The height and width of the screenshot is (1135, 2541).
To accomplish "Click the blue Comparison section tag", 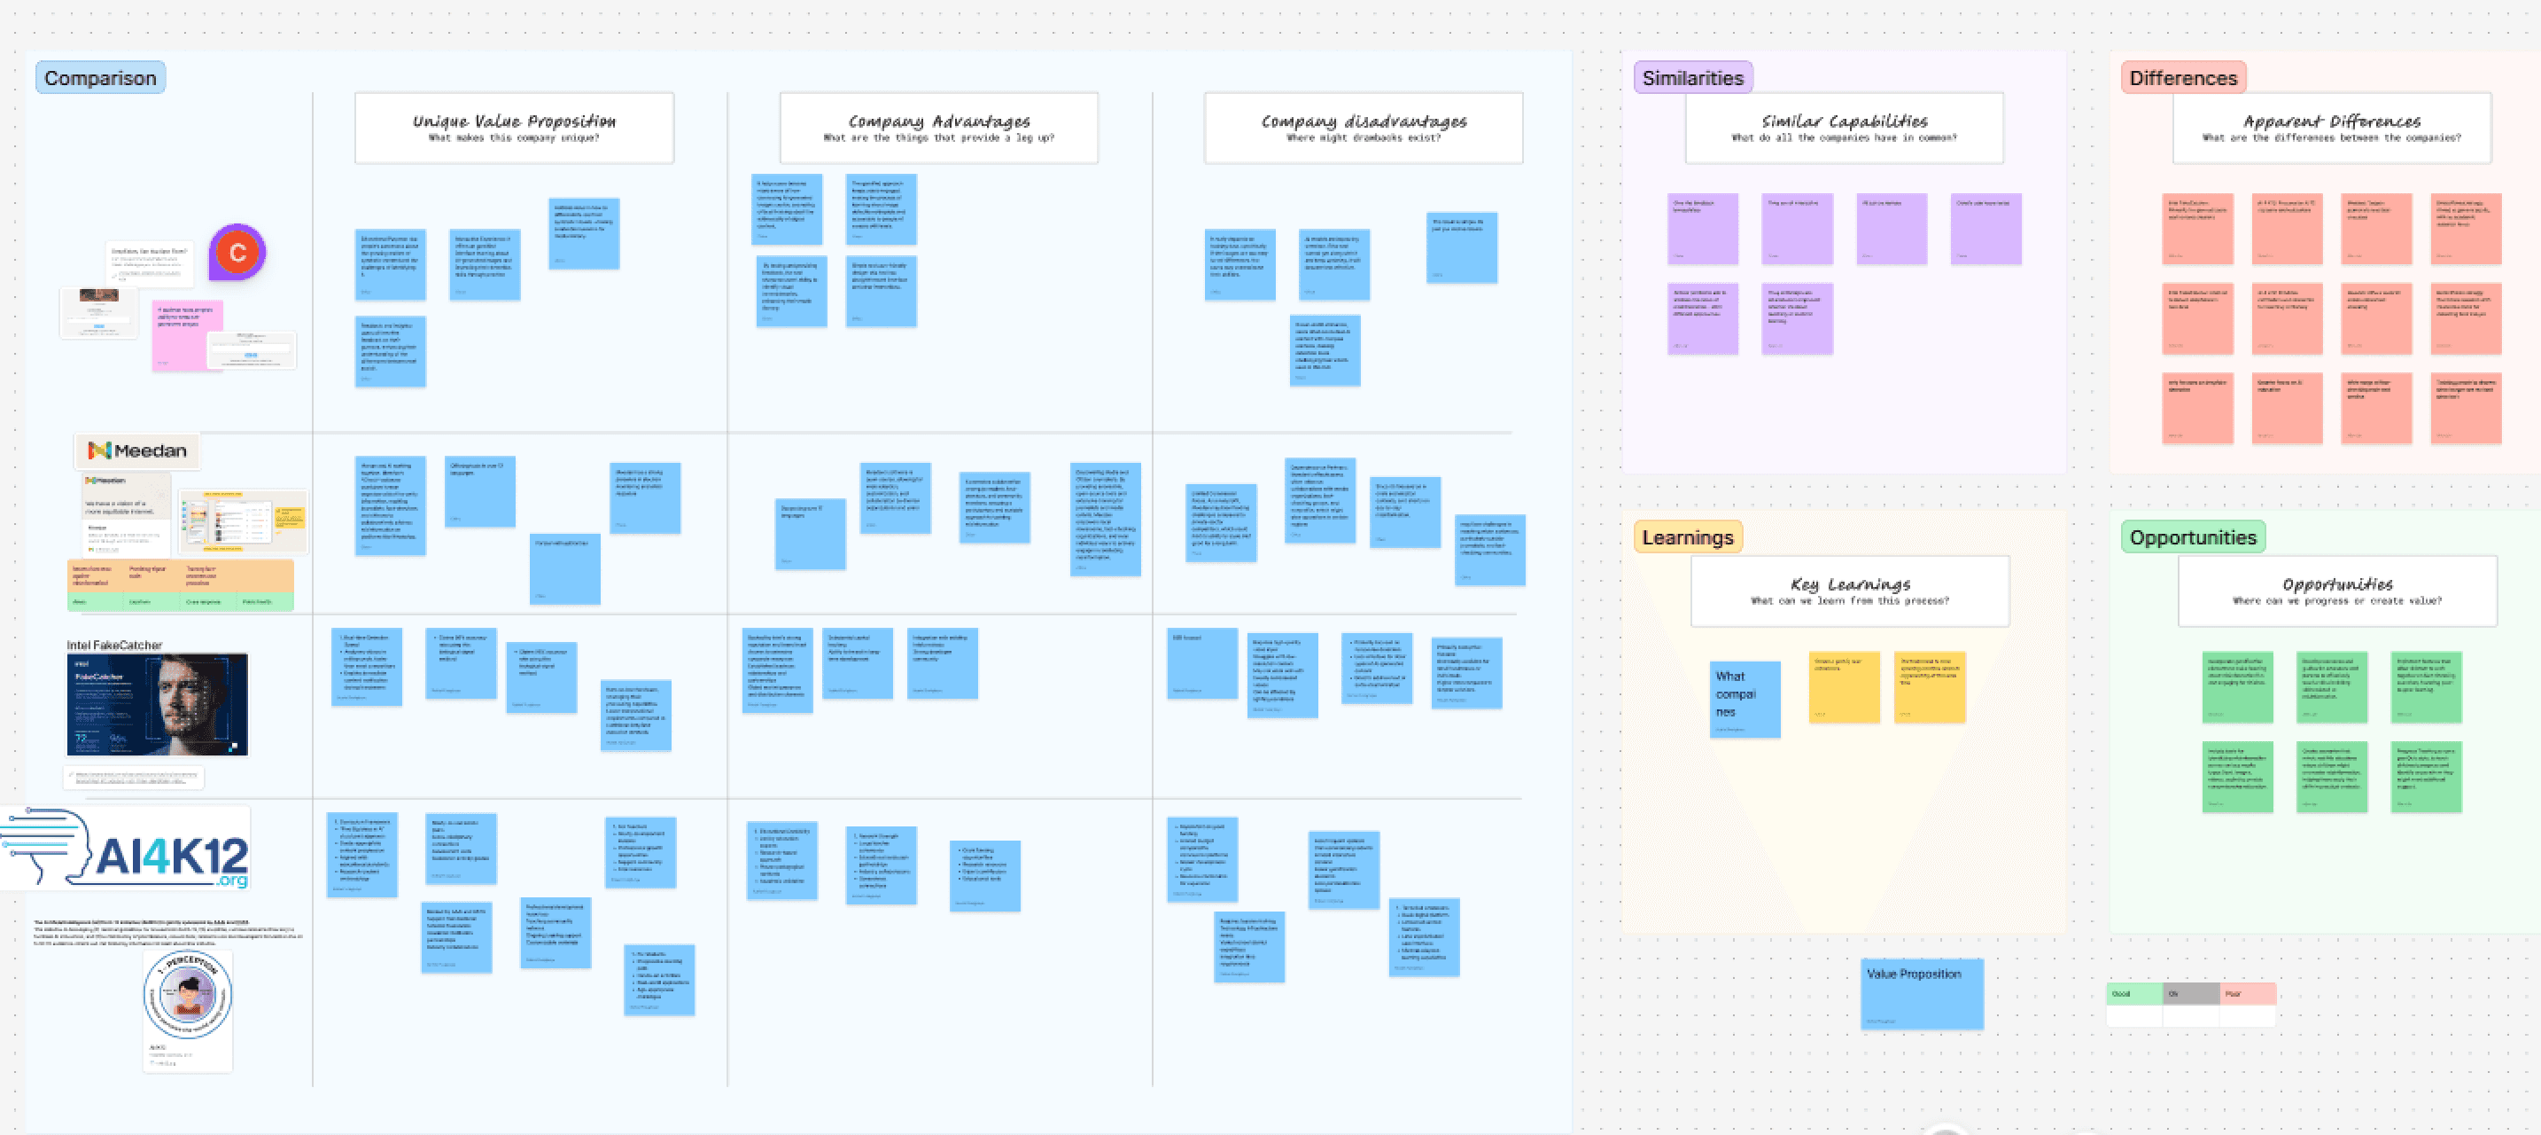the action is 99,78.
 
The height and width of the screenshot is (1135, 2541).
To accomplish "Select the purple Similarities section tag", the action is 1691,78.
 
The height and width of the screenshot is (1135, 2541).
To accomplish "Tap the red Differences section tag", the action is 2182,78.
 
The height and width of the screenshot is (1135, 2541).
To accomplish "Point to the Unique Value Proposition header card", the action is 514,128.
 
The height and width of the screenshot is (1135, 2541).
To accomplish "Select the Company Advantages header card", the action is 938,128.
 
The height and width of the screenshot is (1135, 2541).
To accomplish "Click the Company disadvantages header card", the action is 1364,128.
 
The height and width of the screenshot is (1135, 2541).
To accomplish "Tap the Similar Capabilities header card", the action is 1844,128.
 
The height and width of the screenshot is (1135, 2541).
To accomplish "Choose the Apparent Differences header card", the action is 2331,128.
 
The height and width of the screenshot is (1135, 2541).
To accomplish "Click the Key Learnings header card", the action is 1850,591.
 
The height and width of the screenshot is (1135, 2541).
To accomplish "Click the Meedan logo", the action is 137,451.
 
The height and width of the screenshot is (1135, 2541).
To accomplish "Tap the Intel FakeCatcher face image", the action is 158,705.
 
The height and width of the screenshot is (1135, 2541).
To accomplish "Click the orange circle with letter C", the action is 237,253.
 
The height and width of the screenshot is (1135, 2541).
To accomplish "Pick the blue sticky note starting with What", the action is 1744,699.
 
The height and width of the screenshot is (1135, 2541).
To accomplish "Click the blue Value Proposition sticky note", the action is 1922,993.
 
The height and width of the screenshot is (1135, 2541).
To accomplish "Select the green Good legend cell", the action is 2133,994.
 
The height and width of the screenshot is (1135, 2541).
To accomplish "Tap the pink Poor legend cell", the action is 2247,994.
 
